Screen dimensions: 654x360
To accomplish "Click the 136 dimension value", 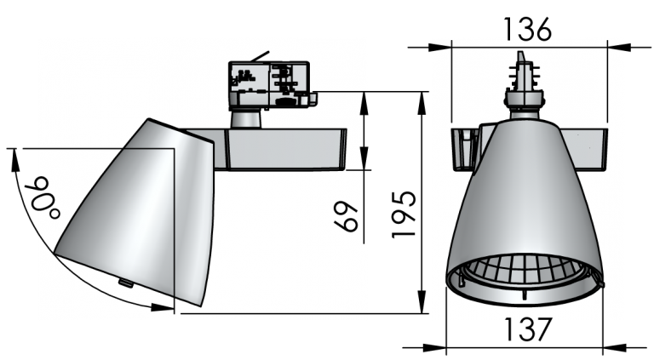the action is pyautogui.click(x=528, y=29).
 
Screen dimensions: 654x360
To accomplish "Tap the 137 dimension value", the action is pyautogui.click(x=528, y=329).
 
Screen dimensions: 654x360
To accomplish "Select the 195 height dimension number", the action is pyautogui.click(x=404, y=214).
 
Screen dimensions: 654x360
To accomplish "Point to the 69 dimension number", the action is pyautogui.click(x=347, y=217).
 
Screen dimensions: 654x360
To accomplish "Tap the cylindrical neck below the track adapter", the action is pyautogui.click(x=245, y=119).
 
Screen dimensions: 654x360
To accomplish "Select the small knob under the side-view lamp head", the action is pyautogui.click(x=125, y=283).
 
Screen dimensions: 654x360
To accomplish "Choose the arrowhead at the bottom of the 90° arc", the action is pyautogui.click(x=162, y=307).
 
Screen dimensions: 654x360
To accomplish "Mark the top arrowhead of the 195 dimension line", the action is pyautogui.click(x=423, y=102).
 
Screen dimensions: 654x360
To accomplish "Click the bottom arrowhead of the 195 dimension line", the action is pyautogui.click(x=423, y=302).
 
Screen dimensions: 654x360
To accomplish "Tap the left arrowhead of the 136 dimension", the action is pyautogui.click(x=439, y=47).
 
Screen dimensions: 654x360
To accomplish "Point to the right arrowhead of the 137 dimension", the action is pyautogui.click(x=613, y=347).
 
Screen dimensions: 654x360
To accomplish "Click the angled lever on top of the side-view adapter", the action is pyautogui.click(x=260, y=56).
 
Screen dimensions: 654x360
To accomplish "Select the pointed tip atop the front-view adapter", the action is pyautogui.click(x=520, y=57).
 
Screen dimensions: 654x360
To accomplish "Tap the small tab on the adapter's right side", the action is pyautogui.click(x=313, y=100).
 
